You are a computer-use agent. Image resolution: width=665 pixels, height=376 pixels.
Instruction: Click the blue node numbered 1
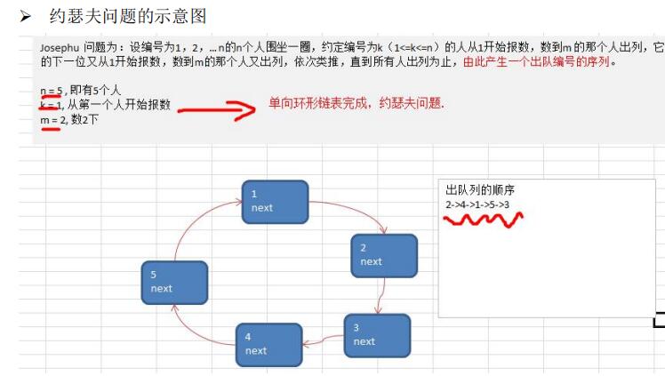pos(275,202)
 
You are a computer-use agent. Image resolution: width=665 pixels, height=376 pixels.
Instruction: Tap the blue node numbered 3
pos(377,335)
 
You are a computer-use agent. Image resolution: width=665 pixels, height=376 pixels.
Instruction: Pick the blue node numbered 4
pos(268,344)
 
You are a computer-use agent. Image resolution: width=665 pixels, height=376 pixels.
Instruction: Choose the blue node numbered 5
pos(174,282)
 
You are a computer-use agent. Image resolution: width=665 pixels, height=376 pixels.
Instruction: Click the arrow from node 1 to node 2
pos(351,210)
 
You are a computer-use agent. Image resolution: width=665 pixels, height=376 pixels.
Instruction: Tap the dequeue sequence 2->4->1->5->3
pos(477,204)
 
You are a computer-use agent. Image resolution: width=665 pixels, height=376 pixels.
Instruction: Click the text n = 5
pos(52,90)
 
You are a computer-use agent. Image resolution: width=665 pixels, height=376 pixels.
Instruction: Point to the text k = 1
pos(51,104)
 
